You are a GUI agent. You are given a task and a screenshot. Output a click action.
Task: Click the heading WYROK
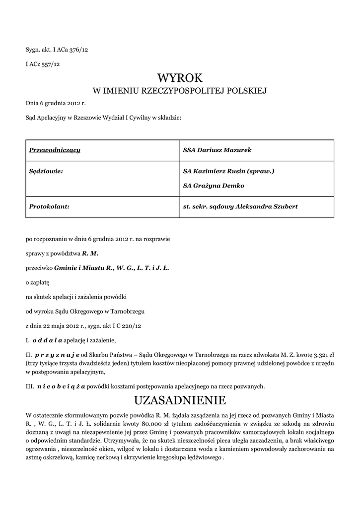[180, 77]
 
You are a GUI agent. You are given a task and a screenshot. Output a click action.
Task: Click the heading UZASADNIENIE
[180, 400]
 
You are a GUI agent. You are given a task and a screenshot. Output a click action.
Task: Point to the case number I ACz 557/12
[43, 64]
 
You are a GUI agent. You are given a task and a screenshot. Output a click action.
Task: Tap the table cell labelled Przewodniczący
[55, 149]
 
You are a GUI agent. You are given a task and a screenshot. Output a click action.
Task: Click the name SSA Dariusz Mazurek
[215, 149]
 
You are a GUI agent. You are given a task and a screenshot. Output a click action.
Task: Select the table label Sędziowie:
[46, 171]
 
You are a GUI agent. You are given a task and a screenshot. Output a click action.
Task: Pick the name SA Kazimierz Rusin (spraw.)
[228, 171]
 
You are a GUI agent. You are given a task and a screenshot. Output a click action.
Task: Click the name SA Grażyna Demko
[214, 186]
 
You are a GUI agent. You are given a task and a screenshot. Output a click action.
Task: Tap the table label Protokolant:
[49, 206]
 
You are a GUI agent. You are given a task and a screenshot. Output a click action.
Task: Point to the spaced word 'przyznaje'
[58, 355]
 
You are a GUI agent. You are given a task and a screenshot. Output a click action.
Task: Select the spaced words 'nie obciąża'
[61, 385]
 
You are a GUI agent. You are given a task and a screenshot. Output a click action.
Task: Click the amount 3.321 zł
[321, 355]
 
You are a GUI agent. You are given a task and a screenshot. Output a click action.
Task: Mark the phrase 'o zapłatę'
[38, 282]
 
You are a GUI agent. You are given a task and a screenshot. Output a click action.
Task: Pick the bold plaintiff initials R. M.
[90, 253]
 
